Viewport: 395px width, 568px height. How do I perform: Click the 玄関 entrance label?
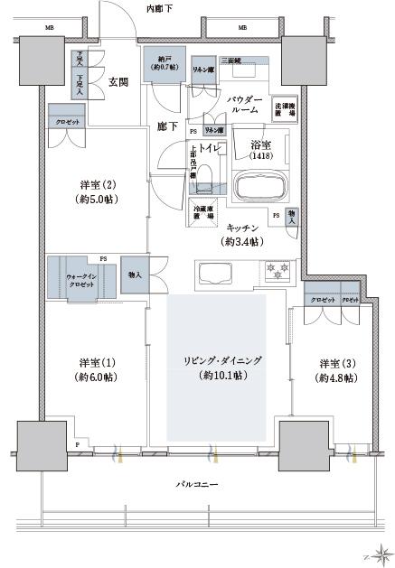point(118,82)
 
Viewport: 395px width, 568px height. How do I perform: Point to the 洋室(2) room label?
point(97,191)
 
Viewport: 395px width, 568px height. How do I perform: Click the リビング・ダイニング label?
point(217,367)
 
